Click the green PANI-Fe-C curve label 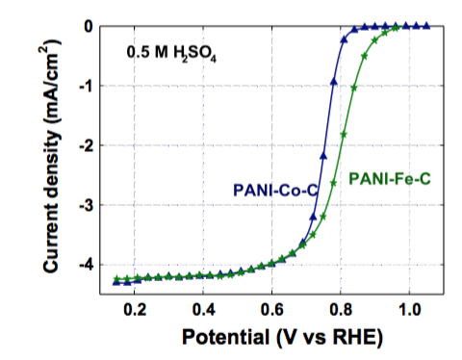[x=389, y=177]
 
